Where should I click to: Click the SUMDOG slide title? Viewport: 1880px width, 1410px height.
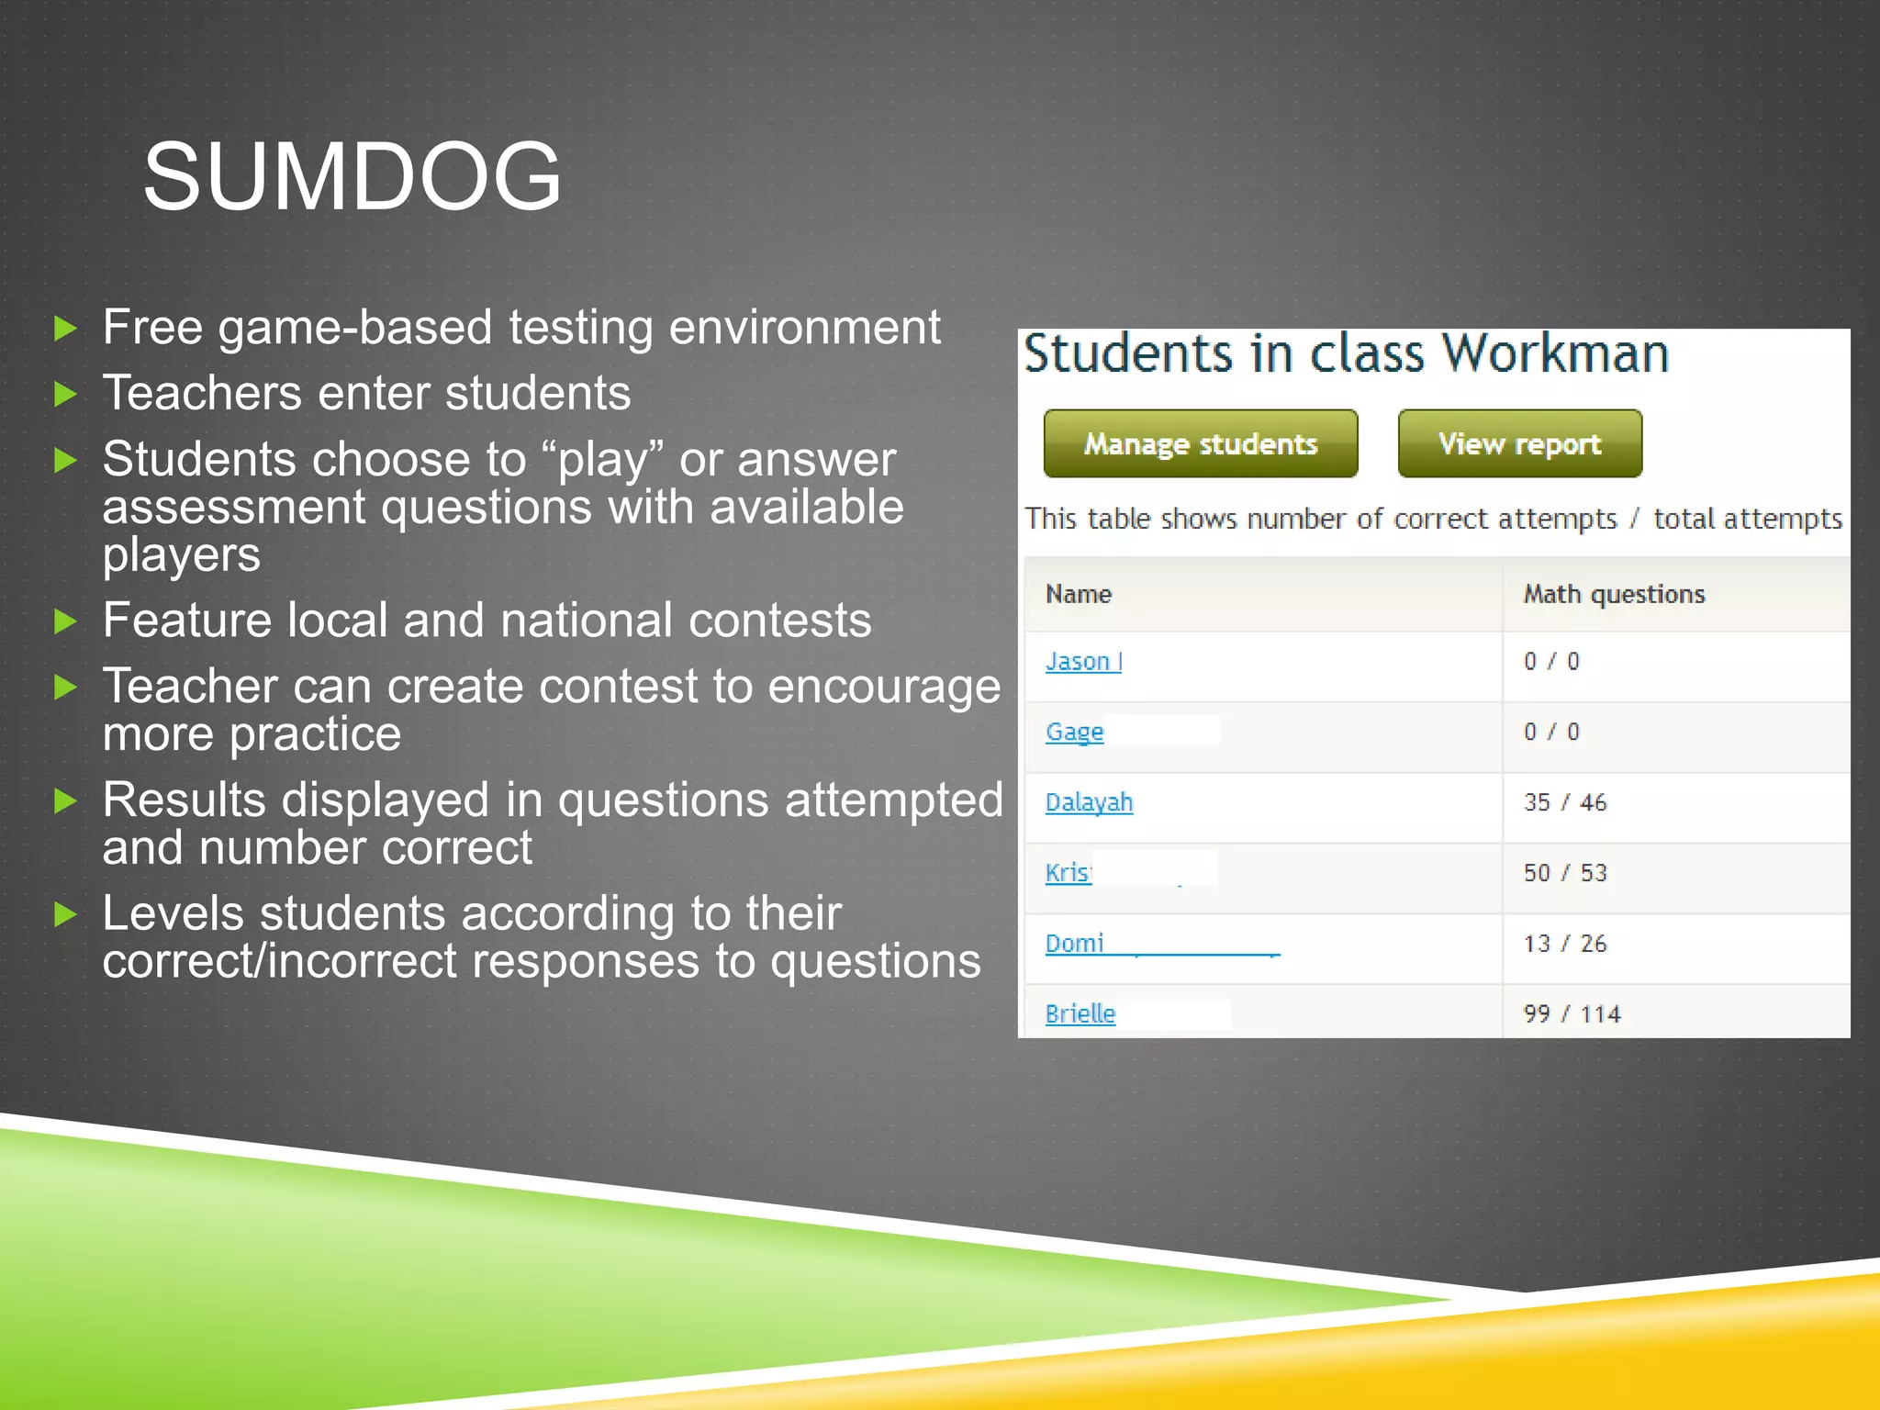point(352,176)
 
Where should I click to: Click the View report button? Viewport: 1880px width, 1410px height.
point(1519,444)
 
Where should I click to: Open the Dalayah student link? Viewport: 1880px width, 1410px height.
point(1089,802)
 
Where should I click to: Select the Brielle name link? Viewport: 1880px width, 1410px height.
point(1080,1013)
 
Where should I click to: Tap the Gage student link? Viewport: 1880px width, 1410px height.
point(1074,732)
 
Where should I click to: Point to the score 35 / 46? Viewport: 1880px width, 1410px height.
point(1565,802)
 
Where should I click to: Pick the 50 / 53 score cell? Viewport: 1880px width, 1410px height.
point(1565,873)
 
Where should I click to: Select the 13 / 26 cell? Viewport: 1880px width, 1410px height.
point(1565,944)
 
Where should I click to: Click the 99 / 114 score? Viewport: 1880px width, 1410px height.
point(1572,1014)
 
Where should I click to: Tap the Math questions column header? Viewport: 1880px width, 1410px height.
point(1614,595)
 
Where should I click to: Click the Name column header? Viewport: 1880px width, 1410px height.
point(1079,595)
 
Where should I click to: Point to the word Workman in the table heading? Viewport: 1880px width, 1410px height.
point(1555,353)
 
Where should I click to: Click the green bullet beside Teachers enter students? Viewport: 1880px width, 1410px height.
point(65,395)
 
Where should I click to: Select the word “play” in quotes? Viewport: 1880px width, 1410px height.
point(603,459)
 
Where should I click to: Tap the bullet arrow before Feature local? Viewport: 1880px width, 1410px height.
point(65,622)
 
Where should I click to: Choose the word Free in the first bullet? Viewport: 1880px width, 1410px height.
point(152,328)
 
